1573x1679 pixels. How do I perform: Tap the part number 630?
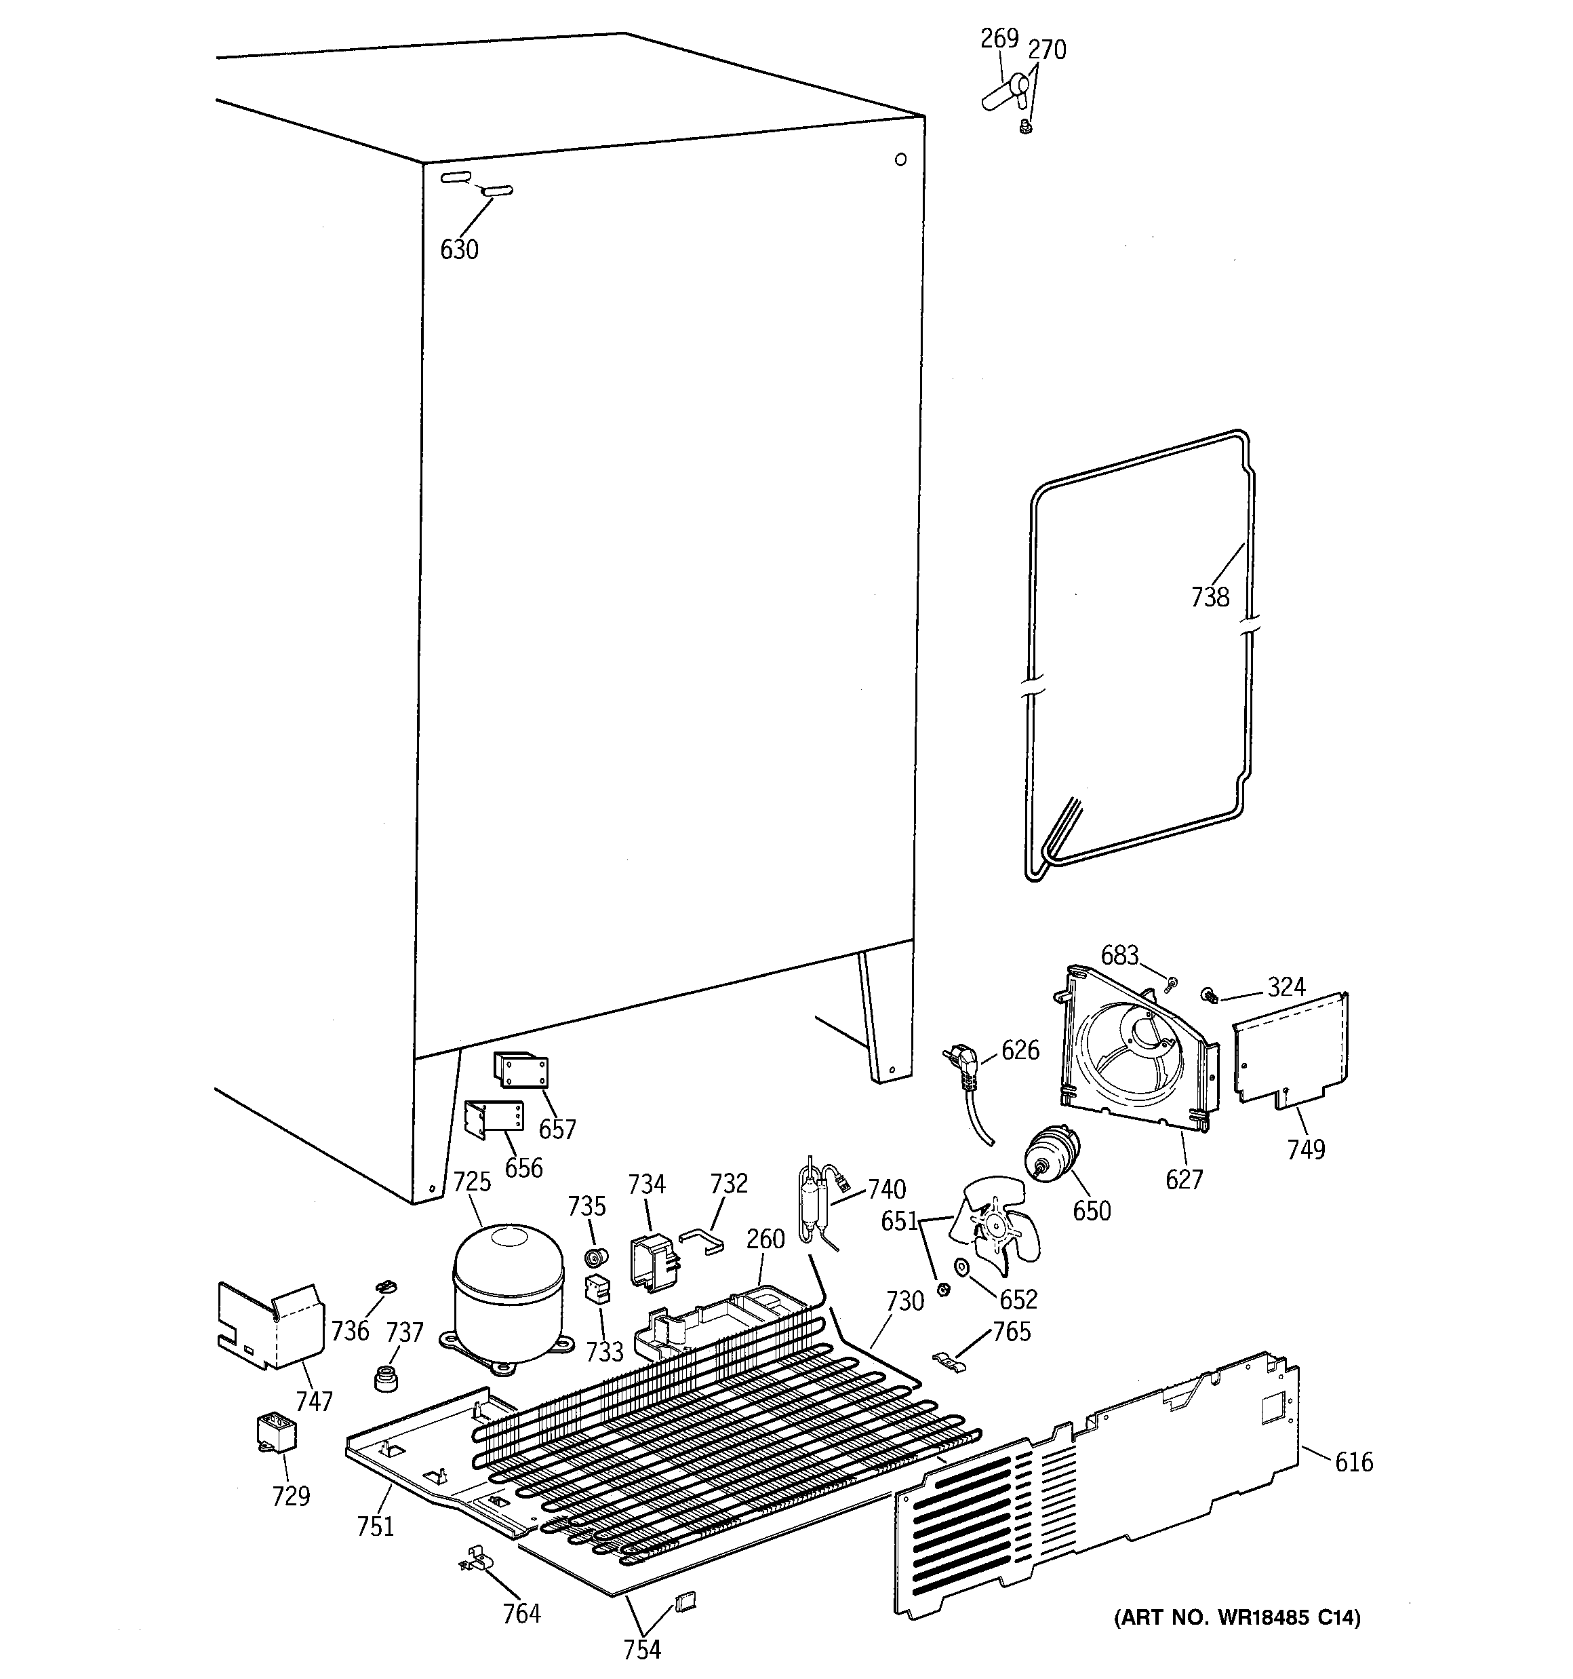459,250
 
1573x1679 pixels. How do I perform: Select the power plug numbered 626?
963,1065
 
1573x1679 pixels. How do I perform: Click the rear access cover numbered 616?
1098,1486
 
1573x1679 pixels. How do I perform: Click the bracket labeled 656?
495,1120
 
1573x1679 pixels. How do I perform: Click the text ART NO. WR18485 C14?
1237,1617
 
